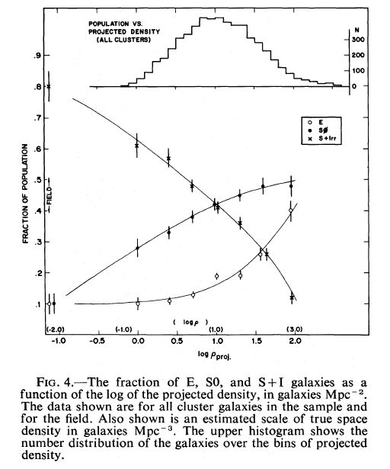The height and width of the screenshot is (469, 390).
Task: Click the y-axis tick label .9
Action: click(x=37, y=56)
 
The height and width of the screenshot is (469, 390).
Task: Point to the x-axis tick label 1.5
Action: click(x=257, y=342)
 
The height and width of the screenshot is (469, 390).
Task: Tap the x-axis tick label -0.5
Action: click(x=97, y=342)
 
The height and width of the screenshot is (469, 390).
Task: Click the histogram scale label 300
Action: click(x=358, y=40)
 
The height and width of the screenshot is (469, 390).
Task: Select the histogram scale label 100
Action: click(x=358, y=71)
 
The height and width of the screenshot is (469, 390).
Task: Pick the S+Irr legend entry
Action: click(x=324, y=139)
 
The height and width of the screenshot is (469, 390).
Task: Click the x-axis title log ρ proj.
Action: click(x=215, y=355)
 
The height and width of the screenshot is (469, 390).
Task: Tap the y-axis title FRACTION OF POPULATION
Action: click(x=25, y=194)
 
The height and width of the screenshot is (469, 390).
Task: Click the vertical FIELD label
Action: click(x=50, y=196)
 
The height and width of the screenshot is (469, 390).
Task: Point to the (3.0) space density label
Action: click(x=295, y=329)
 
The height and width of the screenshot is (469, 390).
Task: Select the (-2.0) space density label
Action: click(x=56, y=329)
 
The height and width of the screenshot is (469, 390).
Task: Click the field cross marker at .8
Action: click(x=49, y=86)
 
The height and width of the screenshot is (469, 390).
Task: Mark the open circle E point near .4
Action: click(x=290, y=210)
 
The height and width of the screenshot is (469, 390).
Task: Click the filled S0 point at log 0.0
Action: click(x=137, y=248)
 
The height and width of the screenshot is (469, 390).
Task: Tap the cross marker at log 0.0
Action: click(x=137, y=146)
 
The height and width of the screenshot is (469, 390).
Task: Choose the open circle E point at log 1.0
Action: click(x=216, y=276)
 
